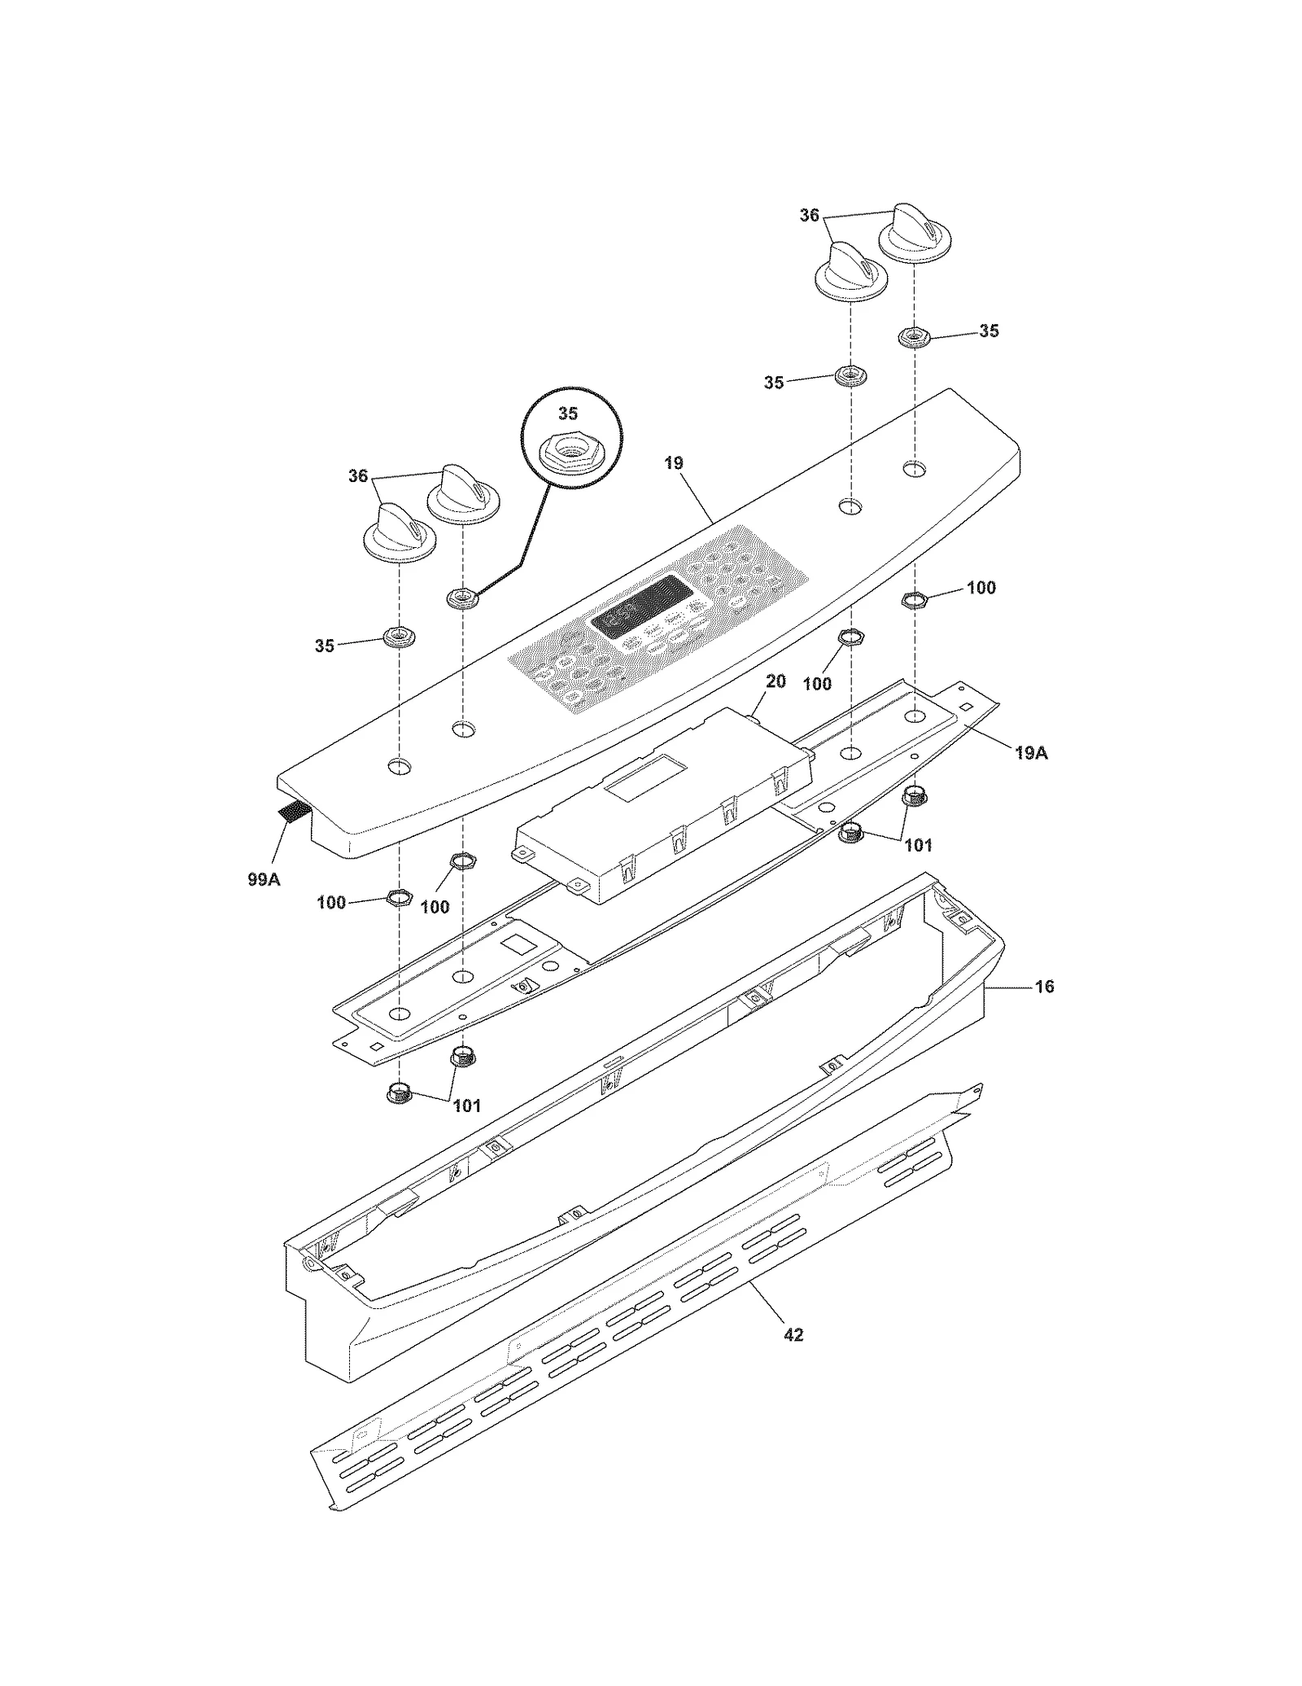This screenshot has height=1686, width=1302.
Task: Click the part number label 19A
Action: click(x=1031, y=754)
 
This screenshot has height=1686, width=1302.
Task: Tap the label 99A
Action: click(x=264, y=879)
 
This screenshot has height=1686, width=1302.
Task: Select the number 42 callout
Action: click(x=793, y=1334)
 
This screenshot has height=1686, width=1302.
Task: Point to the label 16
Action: click(x=1044, y=987)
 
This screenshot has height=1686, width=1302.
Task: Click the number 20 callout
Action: click(x=776, y=681)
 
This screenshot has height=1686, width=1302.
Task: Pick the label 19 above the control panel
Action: click(x=674, y=463)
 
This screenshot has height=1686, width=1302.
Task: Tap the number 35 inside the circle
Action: click(x=568, y=414)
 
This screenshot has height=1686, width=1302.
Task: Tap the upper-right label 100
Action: click(x=981, y=588)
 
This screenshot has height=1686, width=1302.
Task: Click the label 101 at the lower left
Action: click(x=466, y=1106)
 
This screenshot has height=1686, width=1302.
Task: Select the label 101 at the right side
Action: click(x=919, y=845)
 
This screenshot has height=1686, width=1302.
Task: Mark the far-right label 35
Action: click(x=989, y=331)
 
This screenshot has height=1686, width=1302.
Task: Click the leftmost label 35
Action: click(x=325, y=646)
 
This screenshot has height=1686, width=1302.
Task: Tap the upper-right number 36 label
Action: click(x=809, y=216)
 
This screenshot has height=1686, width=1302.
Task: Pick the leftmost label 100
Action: click(x=331, y=902)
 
